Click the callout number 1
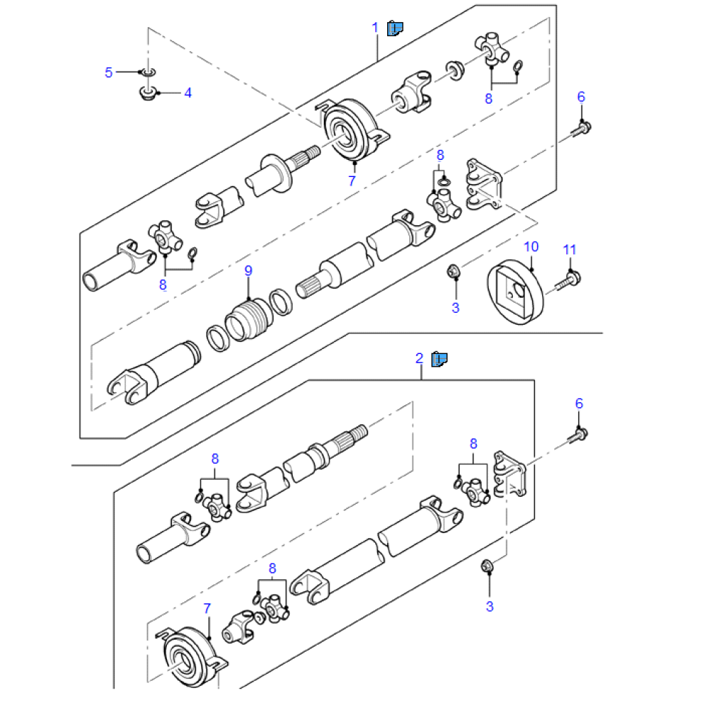point(375,28)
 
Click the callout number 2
point(419,359)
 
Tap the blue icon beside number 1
point(395,28)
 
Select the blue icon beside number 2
point(439,359)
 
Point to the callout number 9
point(248,271)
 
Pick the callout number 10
point(531,247)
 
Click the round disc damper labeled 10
point(515,292)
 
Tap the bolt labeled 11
point(568,281)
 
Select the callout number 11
point(569,250)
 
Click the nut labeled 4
point(147,94)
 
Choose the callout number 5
point(109,72)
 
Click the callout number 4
point(188,93)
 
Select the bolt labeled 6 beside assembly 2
point(578,435)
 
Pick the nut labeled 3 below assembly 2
point(487,566)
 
